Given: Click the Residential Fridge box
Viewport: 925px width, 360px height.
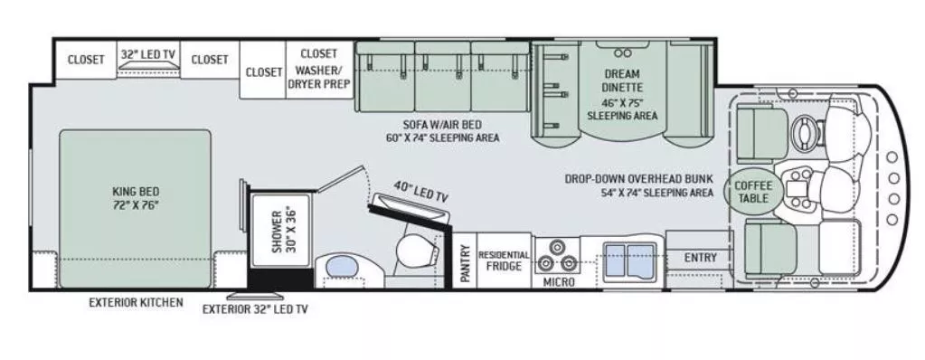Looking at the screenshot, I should (504, 261).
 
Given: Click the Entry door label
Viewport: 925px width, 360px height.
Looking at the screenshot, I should (700, 258).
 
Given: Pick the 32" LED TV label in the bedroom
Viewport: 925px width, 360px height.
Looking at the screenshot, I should (148, 54).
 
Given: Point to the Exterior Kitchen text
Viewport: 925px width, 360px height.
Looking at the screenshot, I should (135, 302).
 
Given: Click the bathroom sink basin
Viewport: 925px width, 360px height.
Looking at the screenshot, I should (341, 267).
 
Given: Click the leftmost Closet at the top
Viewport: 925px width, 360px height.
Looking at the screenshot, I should (87, 60).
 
